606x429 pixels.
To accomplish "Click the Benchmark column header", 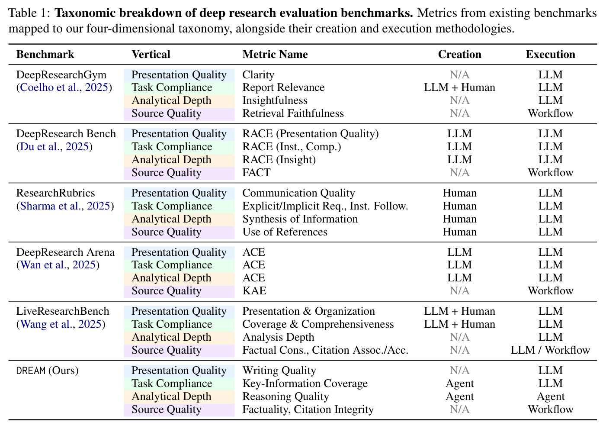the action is (x=45, y=55).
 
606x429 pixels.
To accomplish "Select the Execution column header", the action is (x=550, y=55).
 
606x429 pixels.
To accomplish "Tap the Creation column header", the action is (x=459, y=55).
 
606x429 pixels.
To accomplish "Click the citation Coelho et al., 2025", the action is (x=64, y=87).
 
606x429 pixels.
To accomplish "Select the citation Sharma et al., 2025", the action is (x=65, y=206).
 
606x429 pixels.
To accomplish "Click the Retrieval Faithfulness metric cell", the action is (x=293, y=113).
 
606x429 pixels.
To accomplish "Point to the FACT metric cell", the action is (x=256, y=173).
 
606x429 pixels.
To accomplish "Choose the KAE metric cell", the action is (x=254, y=291).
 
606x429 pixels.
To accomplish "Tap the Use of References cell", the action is (x=285, y=232).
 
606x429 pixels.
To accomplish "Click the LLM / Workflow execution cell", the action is (x=550, y=350).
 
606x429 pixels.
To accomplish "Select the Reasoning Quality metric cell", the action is (x=285, y=397).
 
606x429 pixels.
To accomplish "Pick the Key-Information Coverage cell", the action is (x=305, y=384).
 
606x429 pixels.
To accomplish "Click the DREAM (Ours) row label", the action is (x=47, y=371).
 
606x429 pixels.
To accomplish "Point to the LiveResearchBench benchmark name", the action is (x=63, y=311).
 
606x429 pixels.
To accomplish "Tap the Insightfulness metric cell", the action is (x=275, y=100).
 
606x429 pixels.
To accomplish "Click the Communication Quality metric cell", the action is (x=298, y=193).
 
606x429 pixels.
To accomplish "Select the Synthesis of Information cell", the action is (x=300, y=219).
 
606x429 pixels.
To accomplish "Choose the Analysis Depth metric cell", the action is (x=278, y=337).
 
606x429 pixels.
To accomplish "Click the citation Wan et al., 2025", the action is (x=58, y=265).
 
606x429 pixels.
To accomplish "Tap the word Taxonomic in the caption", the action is (x=85, y=13).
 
